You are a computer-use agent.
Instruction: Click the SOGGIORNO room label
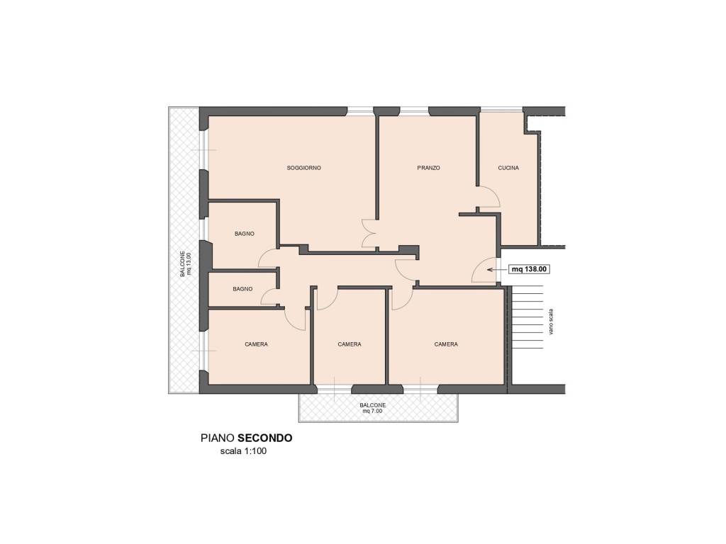(303, 168)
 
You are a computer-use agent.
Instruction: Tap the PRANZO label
(428, 168)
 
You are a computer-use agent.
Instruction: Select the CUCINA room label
(508, 168)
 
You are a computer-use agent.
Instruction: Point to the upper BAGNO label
(245, 234)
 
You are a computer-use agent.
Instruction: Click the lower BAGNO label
(242, 289)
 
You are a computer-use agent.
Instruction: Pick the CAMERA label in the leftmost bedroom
(256, 344)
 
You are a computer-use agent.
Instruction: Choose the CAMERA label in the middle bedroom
(350, 344)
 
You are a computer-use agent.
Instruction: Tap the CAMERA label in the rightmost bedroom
(446, 344)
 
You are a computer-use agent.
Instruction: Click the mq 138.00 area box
(529, 268)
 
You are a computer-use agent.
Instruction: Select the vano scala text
(550, 322)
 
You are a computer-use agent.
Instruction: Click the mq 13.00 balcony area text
(189, 263)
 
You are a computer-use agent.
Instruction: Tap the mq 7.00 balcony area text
(372, 411)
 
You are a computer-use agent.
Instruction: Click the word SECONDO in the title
(265, 438)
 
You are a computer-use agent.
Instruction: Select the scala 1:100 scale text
(244, 451)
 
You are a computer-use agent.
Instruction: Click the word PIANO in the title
(218, 438)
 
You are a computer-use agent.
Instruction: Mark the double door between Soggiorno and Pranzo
(368, 234)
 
